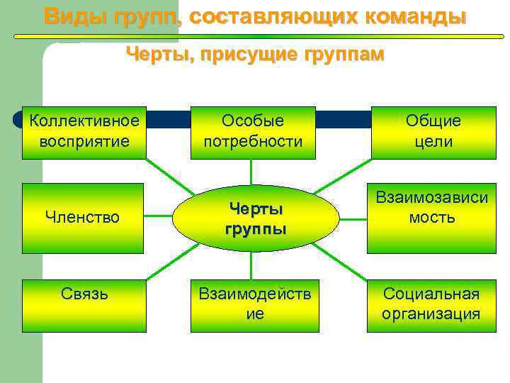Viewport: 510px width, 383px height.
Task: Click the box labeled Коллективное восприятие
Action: point(84,132)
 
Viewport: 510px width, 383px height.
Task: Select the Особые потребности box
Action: point(253,132)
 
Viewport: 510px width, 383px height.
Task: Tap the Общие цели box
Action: point(433,132)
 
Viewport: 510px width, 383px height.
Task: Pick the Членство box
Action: point(84,218)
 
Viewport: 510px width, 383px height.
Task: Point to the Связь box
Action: point(84,306)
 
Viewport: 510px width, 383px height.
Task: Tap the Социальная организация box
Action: point(431,306)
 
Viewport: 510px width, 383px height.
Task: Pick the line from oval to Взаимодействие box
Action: point(252,267)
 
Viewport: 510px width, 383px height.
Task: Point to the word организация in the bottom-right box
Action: point(431,314)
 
